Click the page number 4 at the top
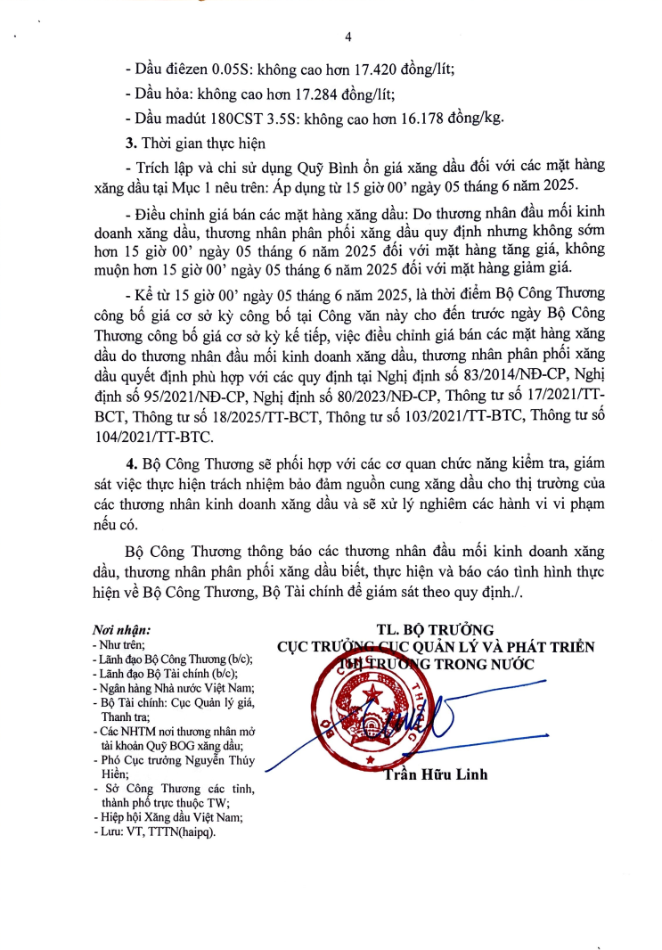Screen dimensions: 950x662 [x=348, y=36]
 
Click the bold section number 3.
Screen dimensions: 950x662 [x=130, y=143]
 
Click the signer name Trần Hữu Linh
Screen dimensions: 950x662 [x=436, y=774]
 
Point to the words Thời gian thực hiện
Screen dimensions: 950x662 [x=197, y=143]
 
